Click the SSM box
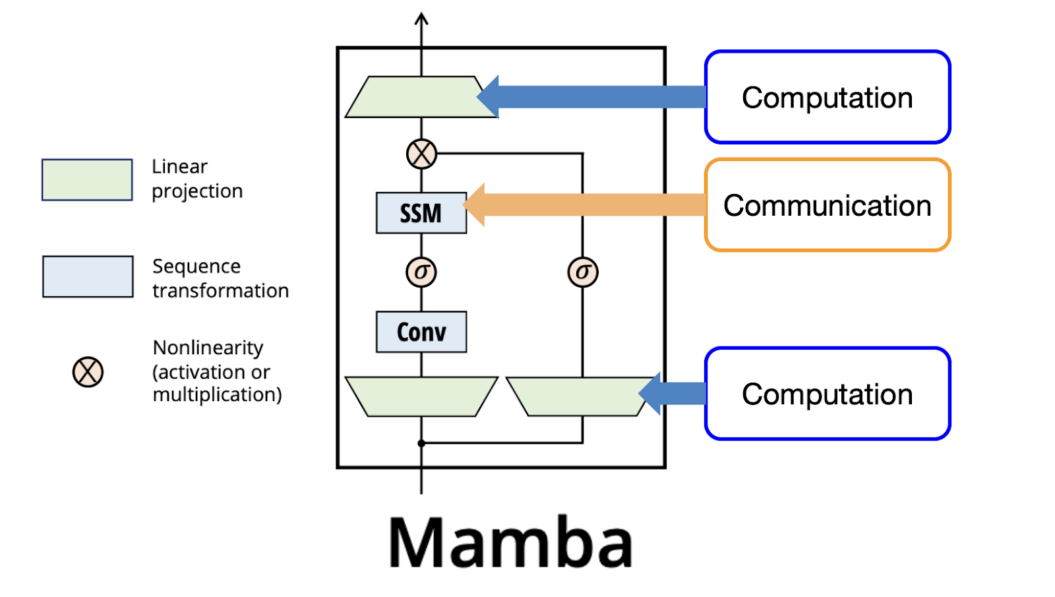point(421,212)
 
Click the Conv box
point(421,331)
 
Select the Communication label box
point(827,205)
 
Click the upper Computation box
point(827,97)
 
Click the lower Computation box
point(827,394)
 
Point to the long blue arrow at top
point(593,96)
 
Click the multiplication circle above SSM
point(421,154)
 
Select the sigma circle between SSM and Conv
point(421,272)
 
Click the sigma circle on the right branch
point(583,272)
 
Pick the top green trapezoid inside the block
point(415,98)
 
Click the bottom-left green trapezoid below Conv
point(421,396)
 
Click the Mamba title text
point(510,542)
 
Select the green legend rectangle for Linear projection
point(87,179)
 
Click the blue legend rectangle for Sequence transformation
point(88,276)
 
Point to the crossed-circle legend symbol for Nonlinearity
point(88,372)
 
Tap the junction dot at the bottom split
point(421,443)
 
